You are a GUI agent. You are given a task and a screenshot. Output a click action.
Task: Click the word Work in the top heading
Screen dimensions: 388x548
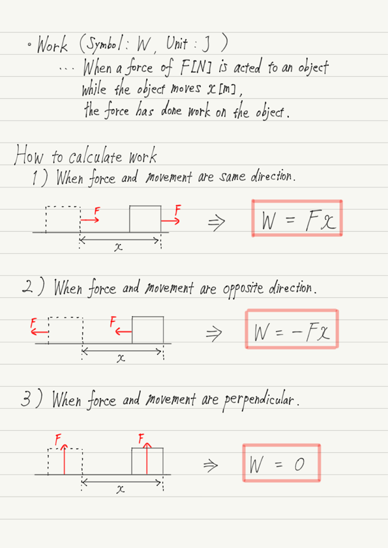52,44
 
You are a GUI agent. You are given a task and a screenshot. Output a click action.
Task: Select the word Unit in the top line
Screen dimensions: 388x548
177,44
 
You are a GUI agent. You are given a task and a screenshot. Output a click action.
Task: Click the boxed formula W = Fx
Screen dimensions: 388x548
297,219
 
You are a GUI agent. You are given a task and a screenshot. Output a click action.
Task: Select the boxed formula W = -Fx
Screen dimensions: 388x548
292,329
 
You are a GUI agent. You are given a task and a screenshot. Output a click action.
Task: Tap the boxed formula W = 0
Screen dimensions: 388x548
282,463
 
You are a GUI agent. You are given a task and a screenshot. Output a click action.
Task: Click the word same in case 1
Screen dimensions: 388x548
233,177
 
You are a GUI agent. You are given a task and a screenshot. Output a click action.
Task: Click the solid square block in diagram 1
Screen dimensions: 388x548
145,219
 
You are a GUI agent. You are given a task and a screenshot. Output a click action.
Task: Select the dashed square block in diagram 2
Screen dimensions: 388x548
65,330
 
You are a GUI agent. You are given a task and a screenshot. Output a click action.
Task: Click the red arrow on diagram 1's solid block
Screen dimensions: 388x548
170,221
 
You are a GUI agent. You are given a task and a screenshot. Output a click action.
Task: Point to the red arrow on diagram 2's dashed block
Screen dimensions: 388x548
40,332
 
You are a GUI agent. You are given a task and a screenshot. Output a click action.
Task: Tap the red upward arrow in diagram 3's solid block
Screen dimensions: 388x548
147,458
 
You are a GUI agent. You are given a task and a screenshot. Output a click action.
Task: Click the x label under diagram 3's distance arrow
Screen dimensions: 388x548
120,490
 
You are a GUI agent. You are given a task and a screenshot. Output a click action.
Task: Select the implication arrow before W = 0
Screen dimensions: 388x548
211,465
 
